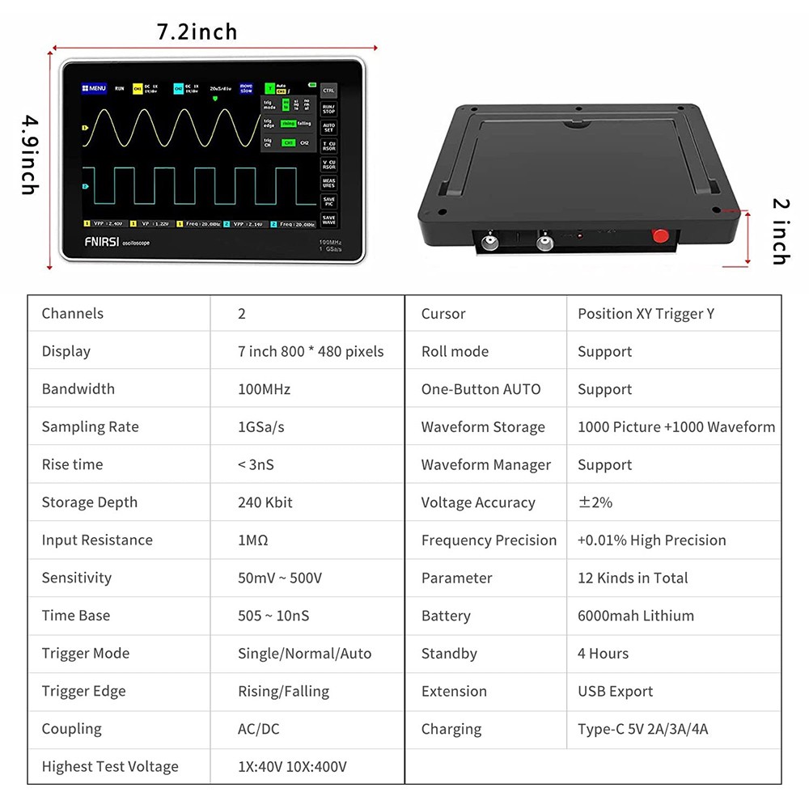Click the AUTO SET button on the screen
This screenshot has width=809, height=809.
point(328,127)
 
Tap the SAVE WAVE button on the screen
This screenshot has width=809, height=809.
point(328,219)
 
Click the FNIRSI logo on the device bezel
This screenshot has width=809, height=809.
point(101,240)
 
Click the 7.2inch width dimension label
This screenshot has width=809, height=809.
point(197,32)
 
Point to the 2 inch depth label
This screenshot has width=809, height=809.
point(779,231)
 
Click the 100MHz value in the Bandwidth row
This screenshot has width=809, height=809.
point(264,389)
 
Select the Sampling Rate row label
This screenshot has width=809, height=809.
point(90,427)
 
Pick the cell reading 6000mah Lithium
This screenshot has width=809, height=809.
point(635,616)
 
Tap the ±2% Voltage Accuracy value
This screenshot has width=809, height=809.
point(595,502)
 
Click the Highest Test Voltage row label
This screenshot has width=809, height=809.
point(110,766)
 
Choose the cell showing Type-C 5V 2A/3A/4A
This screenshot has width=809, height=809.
point(642,729)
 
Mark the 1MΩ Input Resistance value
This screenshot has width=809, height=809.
point(252,540)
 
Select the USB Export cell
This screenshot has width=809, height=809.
point(615,691)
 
